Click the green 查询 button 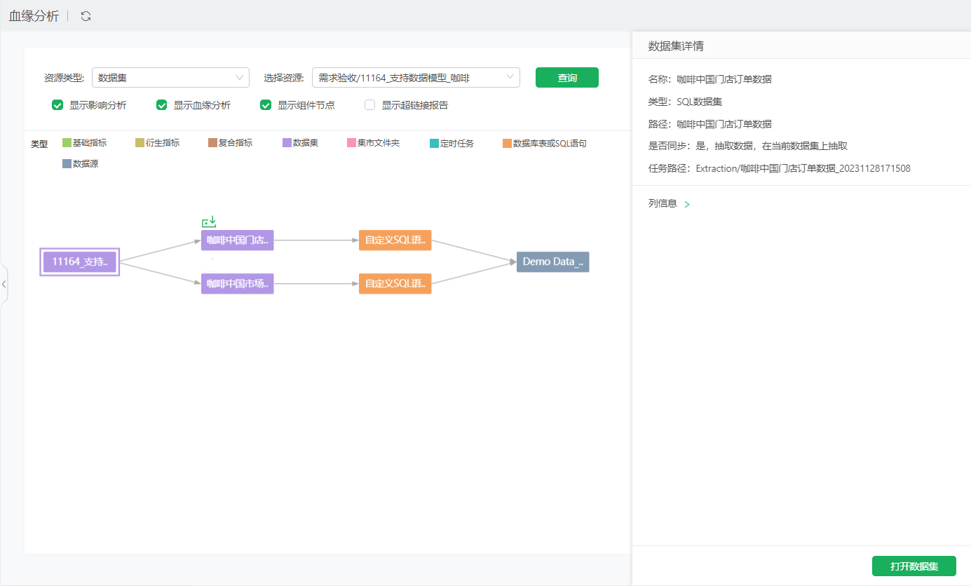click(566, 78)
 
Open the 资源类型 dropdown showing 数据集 click(170, 78)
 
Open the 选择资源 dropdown click(416, 78)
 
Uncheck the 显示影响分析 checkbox click(57, 105)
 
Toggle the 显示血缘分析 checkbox click(162, 105)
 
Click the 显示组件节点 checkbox click(266, 105)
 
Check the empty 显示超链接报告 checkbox click(369, 105)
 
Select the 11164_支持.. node click(80, 261)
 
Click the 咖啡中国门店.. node click(238, 240)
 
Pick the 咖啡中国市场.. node click(238, 283)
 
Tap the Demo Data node click(552, 261)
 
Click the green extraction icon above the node click(209, 222)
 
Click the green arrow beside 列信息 click(687, 204)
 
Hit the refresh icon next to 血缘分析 click(86, 16)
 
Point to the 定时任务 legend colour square click(434, 143)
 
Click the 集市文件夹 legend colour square click(351, 142)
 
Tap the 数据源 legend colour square click(67, 163)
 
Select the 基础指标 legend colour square click(67, 142)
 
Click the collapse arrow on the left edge click(4, 285)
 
